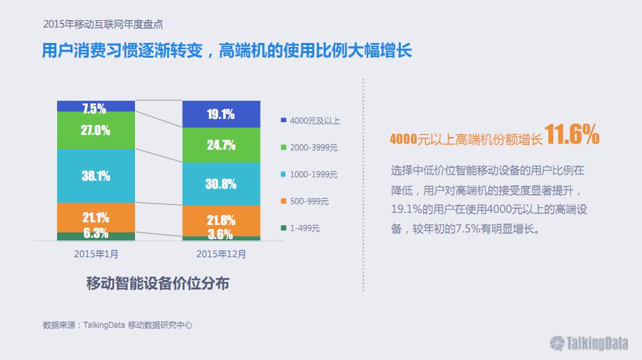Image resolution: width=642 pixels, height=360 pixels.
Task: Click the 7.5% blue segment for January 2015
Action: [x=96, y=106]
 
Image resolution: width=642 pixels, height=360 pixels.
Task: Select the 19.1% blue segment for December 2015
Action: [x=221, y=114]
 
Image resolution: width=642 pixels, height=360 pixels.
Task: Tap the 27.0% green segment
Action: [x=96, y=130]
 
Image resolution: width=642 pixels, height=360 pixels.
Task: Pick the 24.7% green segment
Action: [x=221, y=145]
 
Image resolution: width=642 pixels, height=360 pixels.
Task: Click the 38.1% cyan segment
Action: [x=96, y=176]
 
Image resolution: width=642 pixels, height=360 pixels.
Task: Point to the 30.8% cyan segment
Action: [x=221, y=184]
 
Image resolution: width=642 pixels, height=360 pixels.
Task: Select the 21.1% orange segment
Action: [x=96, y=218]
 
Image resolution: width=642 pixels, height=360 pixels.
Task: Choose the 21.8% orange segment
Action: [x=221, y=221]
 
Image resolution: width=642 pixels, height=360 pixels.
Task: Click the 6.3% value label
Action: [x=96, y=233]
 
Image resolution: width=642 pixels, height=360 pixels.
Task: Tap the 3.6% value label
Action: [x=220, y=234]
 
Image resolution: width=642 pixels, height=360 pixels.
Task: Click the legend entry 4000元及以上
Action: [x=310, y=121]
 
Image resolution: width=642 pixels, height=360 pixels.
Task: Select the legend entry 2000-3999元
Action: [x=309, y=148]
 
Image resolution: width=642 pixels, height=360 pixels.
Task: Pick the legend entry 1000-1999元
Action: [x=309, y=175]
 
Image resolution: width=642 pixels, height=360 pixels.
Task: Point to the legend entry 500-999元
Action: [x=305, y=201]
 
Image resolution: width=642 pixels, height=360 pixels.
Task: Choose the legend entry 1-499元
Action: [x=300, y=228]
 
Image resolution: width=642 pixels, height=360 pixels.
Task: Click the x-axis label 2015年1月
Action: [x=96, y=255]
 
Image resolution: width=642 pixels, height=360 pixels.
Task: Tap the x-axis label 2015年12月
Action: [x=221, y=255]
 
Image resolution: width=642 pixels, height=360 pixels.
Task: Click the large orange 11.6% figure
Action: [x=571, y=134]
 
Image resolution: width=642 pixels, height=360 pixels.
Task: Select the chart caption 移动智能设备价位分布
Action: [x=158, y=283]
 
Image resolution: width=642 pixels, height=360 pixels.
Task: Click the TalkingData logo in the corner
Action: [x=589, y=343]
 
